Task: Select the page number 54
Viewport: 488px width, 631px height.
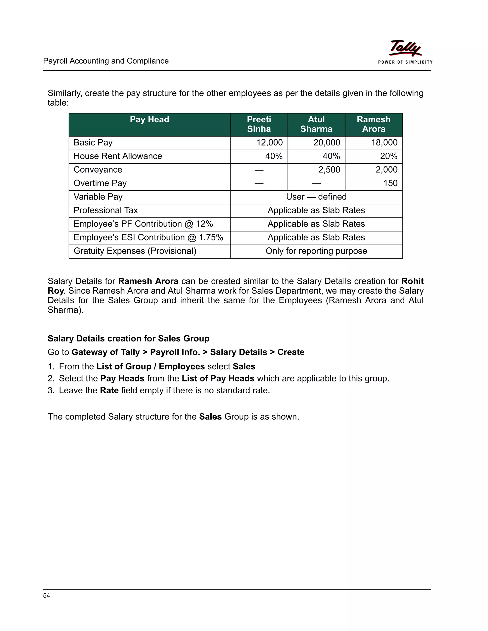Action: point(46,596)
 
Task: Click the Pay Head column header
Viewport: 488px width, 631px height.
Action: point(149,120)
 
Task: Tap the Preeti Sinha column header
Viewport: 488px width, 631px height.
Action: point(259,124)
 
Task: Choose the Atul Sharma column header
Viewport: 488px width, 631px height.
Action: point(316,124)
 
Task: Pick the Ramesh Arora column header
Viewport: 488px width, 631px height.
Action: point(374,124)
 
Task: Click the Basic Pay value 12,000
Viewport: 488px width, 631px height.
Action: point(269,143)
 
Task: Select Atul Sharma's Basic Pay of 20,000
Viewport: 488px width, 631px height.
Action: point(327,143)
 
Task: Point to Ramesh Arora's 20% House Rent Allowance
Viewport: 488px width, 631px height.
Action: point(389,156)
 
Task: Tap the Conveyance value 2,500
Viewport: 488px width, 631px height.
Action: point(329,170)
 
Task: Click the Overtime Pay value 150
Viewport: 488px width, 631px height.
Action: point(390,183)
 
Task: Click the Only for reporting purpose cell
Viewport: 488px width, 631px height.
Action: point(316,251)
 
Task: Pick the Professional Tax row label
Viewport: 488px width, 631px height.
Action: point(106,210)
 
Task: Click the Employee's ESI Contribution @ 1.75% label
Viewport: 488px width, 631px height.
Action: point(148,237)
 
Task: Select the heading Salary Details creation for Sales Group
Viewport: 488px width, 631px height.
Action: point(128,339)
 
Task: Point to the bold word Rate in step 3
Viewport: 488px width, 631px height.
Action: point(109,391)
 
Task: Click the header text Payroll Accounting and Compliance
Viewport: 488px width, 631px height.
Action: point(106,61)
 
